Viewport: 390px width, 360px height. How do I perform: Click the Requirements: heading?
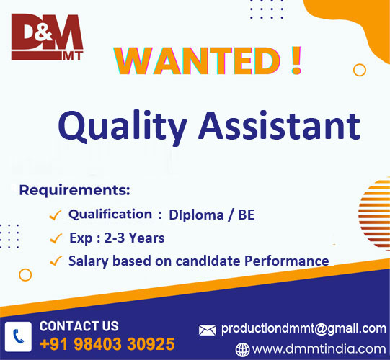click(x=74, y=191)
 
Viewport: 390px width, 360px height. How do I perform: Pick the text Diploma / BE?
click(x=211, y=215)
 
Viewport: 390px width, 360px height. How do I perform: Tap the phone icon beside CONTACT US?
click(x=18, y=336)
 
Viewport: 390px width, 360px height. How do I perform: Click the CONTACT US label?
click(x=79, y=326)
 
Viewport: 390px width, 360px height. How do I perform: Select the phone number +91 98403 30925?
click(x=107, y=343)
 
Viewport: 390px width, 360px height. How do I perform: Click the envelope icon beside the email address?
click(x=208, y=330)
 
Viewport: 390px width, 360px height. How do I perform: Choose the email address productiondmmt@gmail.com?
click(x=303, y=328)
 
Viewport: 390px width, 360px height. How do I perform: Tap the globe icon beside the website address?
click(x=243, y=350)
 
